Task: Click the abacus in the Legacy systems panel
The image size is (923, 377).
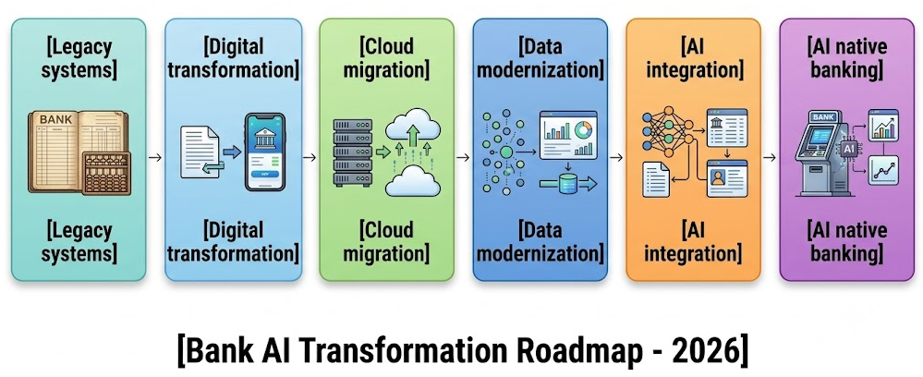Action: pyautogui.click(x=106, y=173)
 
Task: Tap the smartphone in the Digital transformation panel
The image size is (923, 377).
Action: pyautogui.click(x=264, y=152)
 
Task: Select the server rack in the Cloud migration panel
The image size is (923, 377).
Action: pyautogui.click(x=353, y=152)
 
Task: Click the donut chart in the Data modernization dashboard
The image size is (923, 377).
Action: pyautogui.click(x=584, y=128)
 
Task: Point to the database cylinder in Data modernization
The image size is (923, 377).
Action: pyautogui.click(x=568, y=186)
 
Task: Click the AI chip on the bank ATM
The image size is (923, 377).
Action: pyautogui.click(x=848, y=149)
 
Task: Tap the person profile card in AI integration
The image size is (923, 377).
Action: pyautogui.click(x=726, y=178)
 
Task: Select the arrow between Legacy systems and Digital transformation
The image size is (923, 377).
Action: pyautogui.click(x=155, y=157)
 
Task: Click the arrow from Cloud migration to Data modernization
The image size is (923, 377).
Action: pyautogui.click(x=463, y=157)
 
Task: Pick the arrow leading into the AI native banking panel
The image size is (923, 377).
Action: pyautogui.click(x=770, y=157)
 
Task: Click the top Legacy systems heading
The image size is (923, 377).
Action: pyautogui.click(x=79, y=57)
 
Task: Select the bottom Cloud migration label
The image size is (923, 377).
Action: pyautogui.click(x=386, y=241)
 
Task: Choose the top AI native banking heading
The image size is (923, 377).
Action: pyautogui.click(x=846, y=57)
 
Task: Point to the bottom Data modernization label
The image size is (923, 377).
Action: pyautogui.click(x=540, y=241)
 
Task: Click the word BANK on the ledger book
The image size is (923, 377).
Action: pyautogui.click(x=56, y=119)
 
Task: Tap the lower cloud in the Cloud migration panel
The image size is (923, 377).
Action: pyautogui.click(x=413, y=181)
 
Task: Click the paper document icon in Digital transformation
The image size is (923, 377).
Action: pyautogui.click(x=200, y=152)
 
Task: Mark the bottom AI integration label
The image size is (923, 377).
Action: pyautogui.click(x=693, y=241)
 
